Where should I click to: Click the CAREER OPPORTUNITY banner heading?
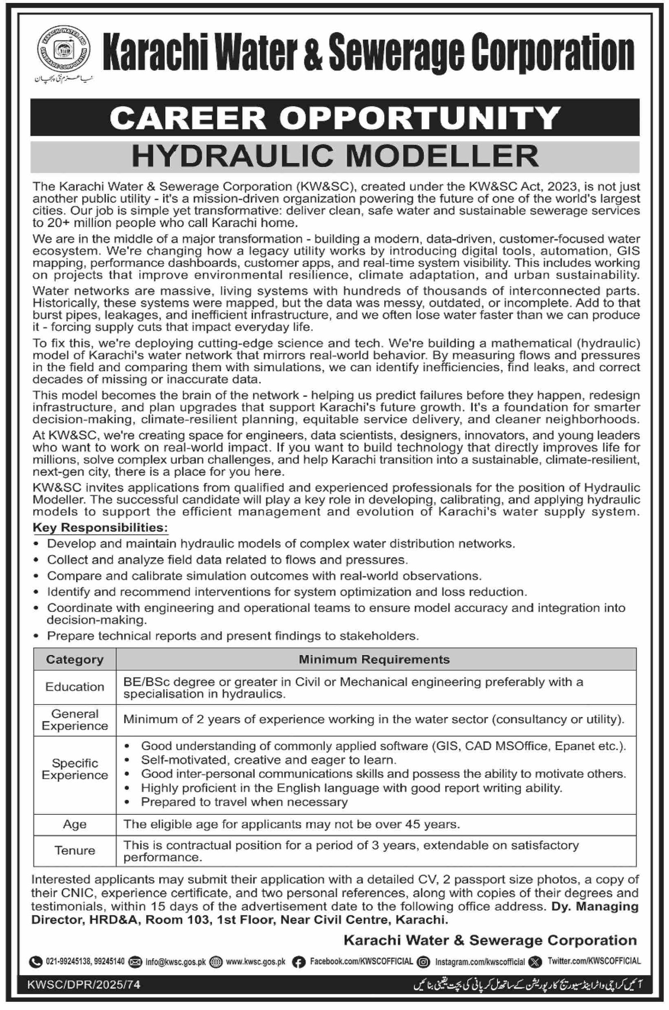point(334,118)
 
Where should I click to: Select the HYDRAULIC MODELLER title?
point(334,156)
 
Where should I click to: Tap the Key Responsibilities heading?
point(100,528)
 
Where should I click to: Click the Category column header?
point(75,659)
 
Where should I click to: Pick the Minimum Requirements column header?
point(374,659)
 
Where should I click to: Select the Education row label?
point(75,687)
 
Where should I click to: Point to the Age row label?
point(75,824)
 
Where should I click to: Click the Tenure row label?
point(75,850)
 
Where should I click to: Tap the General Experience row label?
point(75,719)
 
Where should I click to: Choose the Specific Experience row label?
point(75,769)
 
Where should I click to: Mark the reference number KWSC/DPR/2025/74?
point(84,985)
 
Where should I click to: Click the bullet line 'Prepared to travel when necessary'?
point(244,802)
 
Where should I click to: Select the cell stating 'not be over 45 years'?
point(291,824)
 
